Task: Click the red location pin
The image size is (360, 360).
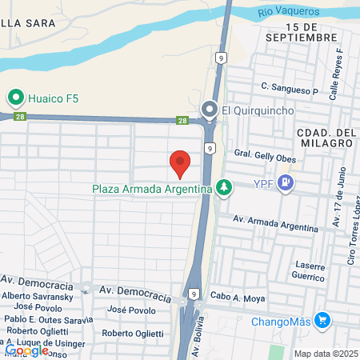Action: pos(181,163)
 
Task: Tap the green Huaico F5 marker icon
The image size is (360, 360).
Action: pos(14,98)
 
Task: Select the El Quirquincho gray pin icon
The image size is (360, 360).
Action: pos(210,110)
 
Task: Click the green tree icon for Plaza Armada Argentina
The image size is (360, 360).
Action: pos(226,188)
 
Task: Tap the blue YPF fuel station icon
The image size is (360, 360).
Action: pos(288,184)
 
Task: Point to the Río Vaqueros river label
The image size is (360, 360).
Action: pos(289,12)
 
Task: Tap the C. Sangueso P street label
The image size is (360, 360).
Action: pos(289,86)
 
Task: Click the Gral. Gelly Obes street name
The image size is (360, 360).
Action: pos(264,158)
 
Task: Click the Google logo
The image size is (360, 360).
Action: pos(26,350)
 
